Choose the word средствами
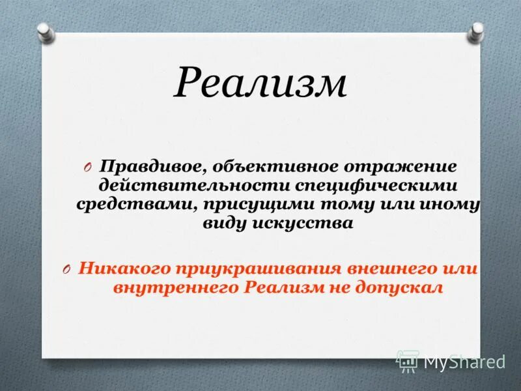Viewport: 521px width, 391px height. [134, 205]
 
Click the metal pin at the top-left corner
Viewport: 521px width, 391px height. [44, 30]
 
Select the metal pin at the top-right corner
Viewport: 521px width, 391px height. [477, 30]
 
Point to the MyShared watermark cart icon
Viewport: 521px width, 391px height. [408, 360]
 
